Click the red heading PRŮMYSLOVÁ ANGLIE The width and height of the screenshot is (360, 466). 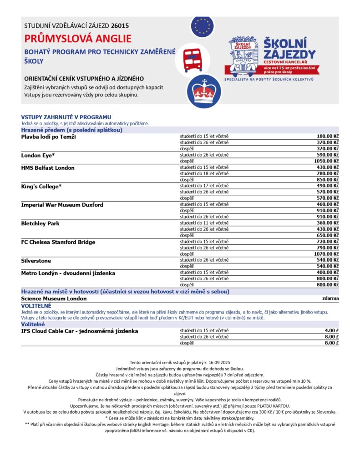(x=78, y=38)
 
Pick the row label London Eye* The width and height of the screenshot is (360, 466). (x=38, y=155)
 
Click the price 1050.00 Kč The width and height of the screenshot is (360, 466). (x=326, y=161)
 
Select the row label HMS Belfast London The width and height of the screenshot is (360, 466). (x=48, y=168)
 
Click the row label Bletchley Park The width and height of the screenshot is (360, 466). (x=40, y=223)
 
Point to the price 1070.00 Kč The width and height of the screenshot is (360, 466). (x=326, y=254)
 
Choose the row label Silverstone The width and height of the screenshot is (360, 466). (x=36, y=261)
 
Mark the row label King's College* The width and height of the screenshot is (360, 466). (x=41, y=187)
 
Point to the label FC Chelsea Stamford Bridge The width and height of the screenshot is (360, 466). (x=58, y=242)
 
